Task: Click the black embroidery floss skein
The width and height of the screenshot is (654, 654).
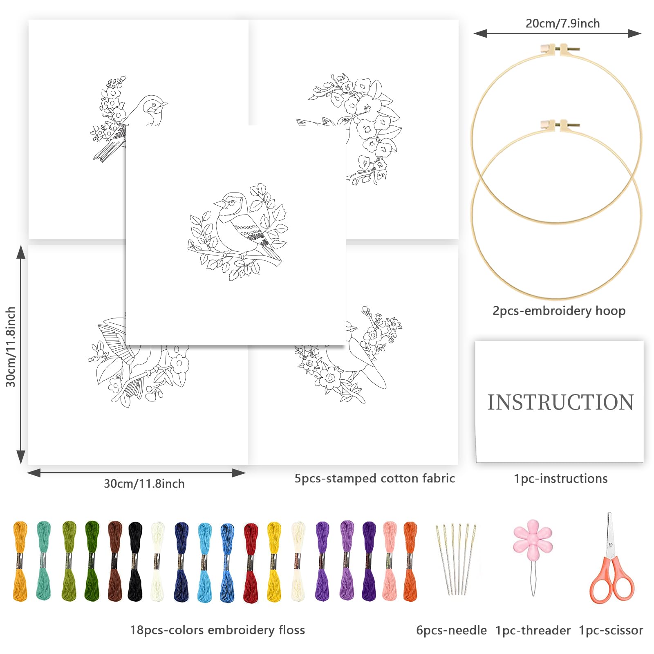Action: click(134, 561)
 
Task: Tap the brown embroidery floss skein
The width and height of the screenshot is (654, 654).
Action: click(115, 561)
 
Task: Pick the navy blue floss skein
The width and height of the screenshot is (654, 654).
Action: click(181, 562)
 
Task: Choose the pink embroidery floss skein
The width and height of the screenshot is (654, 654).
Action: click(390, 561)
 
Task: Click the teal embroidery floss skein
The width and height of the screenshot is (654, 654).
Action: click(43, 560)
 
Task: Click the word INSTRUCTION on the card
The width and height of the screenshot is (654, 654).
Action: click(560, 402)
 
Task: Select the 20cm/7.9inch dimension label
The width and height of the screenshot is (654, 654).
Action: click(562, 23)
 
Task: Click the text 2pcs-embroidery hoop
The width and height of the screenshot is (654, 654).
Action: click(559, 311)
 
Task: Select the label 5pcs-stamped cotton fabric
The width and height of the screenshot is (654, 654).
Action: click(374, 478)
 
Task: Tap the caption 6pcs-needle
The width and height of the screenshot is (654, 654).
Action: click(451, 630)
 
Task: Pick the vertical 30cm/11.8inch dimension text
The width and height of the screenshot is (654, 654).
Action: click(11, 347)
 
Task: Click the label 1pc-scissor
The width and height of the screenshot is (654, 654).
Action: click(611, 630)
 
